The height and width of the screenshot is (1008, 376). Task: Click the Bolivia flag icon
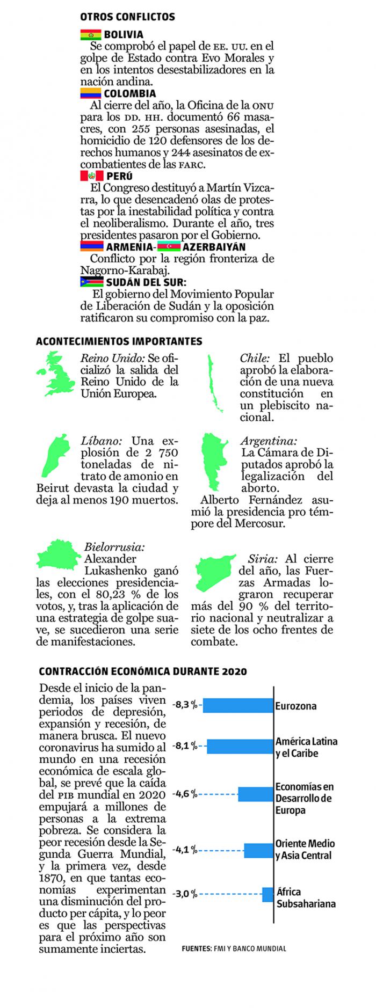(x=90, y=35)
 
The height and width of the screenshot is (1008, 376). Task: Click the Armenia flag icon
(x=91, y=247)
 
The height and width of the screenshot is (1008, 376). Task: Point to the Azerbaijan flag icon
(x=169, y=247)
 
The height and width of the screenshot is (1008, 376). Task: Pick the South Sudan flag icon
(x=91, y=282)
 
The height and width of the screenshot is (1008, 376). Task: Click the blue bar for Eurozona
(x=238, y=706)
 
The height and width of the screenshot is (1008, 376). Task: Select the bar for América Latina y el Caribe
(x=240, y=747)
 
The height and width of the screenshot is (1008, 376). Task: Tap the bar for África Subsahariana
(x=267, y=895)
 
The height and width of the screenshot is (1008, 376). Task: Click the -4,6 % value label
(x=185, y=794)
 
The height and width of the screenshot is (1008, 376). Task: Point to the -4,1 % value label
(x=185, y=850)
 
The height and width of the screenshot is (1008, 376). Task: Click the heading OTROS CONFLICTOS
(x=127, y=17)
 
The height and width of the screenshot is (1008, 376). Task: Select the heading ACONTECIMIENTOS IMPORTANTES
(x=119, y=341)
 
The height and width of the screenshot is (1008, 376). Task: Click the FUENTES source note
(x=234, y=948)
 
